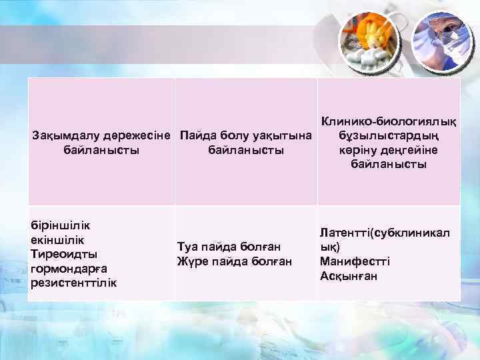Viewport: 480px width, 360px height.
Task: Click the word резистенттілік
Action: coord(73,283)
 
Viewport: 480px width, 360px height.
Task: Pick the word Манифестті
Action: coord(355,261)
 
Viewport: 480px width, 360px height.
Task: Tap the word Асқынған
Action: coord(348,276)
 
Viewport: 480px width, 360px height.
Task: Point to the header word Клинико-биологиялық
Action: coord(389,121)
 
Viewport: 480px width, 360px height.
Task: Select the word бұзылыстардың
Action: coord(389,136)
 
